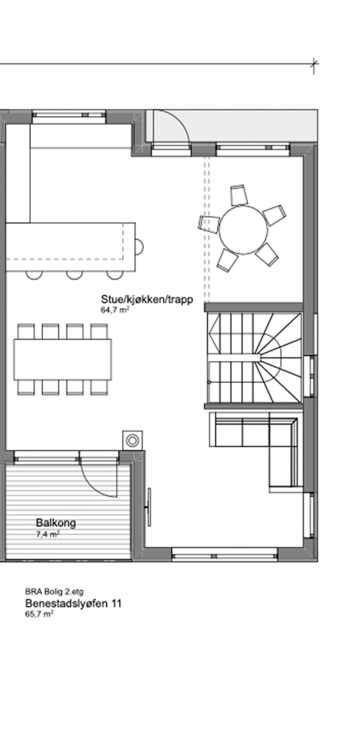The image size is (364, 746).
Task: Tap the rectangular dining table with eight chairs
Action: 63,359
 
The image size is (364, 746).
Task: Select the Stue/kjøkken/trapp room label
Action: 146,299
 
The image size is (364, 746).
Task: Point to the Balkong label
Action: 56,524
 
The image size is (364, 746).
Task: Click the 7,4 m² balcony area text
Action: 48,534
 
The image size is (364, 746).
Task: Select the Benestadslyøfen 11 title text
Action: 73,604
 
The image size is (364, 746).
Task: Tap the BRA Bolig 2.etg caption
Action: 54,592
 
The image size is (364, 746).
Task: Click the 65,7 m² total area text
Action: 39,614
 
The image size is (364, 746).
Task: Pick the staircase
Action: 255,358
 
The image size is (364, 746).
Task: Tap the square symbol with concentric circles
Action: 133,441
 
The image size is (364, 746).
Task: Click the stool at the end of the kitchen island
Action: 139,246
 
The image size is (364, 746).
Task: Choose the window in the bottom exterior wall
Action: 224,555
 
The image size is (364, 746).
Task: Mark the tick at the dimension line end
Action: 314,64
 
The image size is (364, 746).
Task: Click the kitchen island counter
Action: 70,247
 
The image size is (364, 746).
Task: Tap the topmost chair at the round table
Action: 240,195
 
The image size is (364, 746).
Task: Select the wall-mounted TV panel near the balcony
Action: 149,506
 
